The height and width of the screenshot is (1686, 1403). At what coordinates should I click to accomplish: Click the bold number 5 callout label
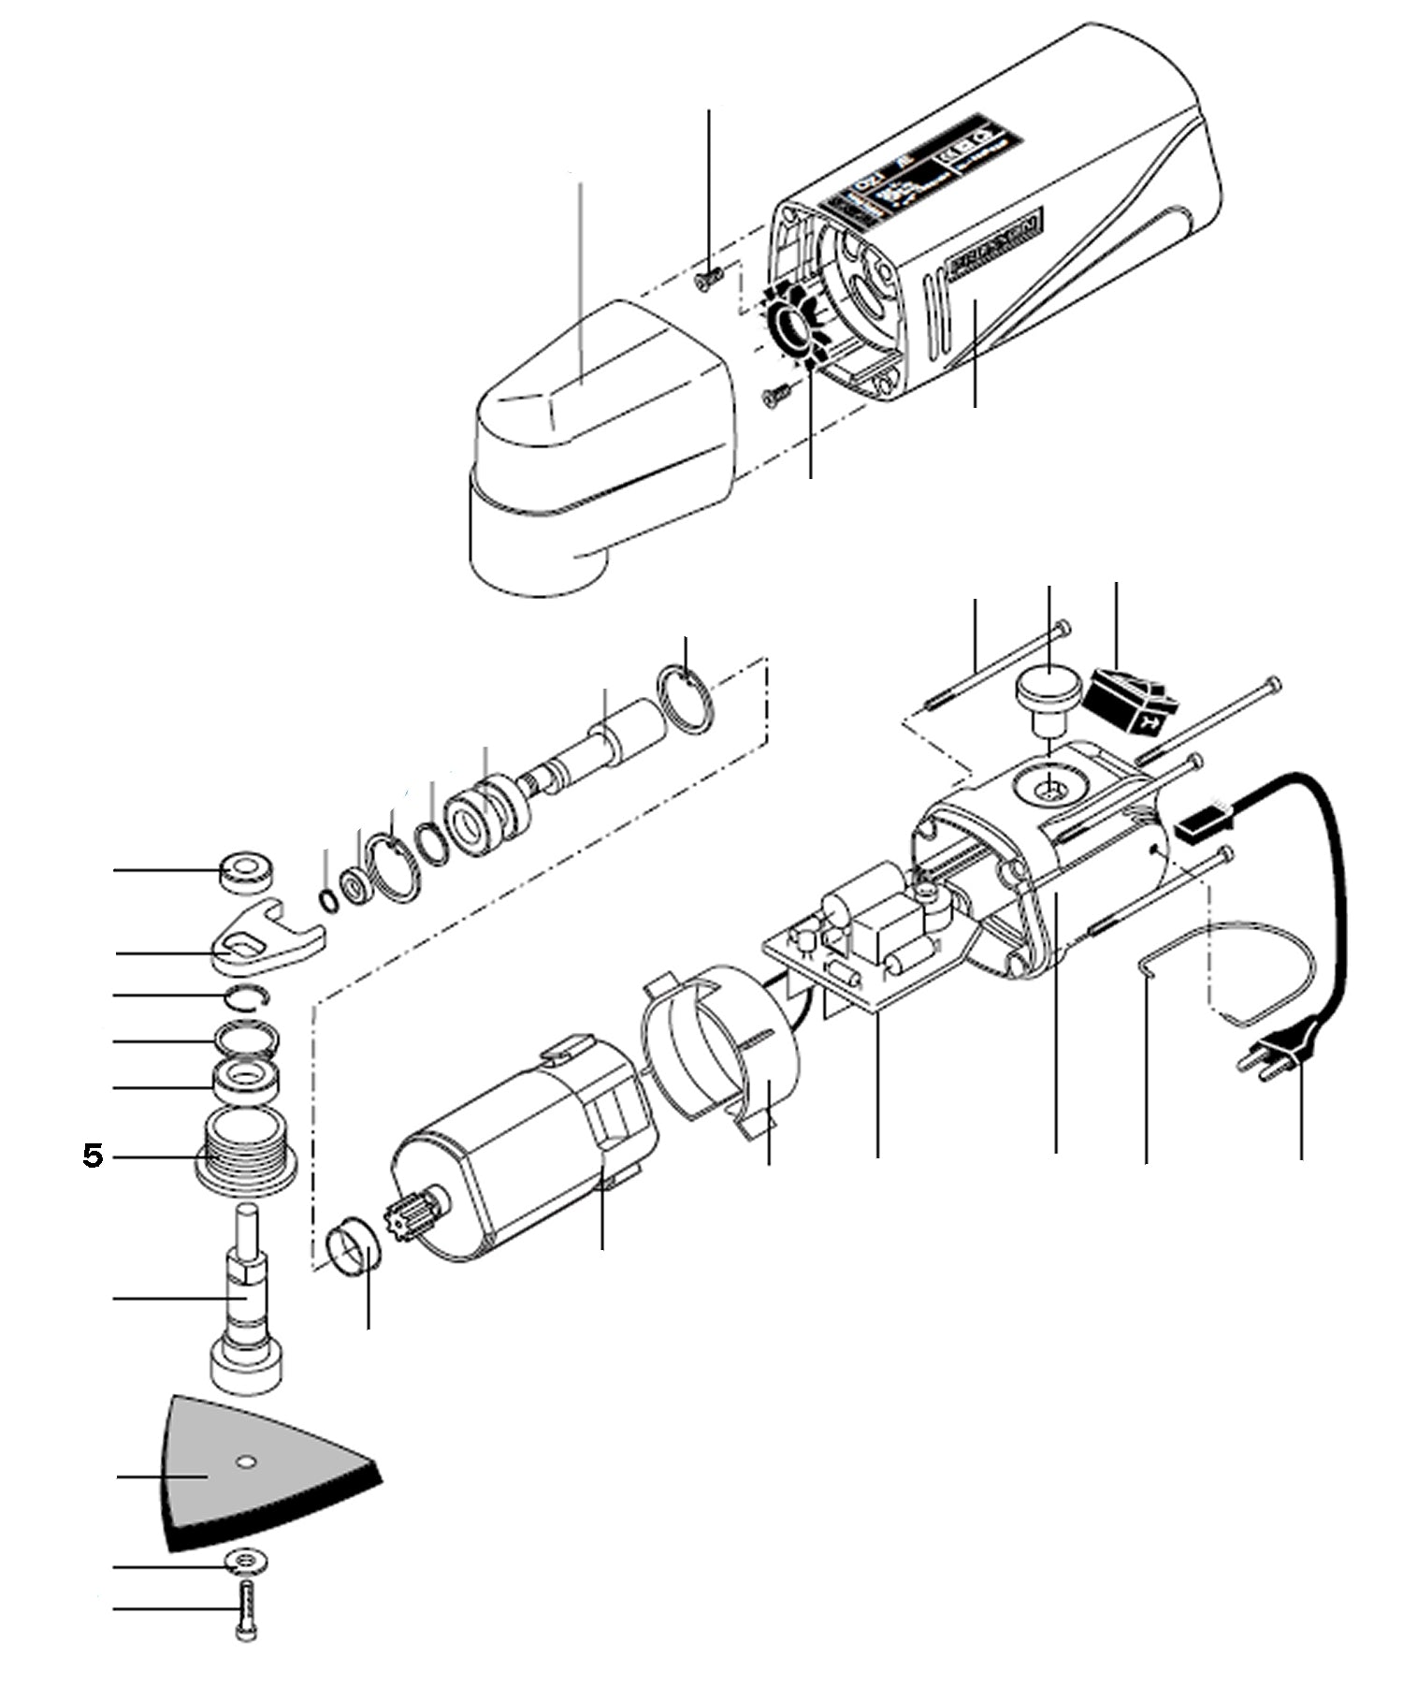[x=93, y=1156]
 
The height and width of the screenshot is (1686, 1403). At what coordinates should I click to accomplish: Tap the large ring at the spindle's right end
[x=687, y=699]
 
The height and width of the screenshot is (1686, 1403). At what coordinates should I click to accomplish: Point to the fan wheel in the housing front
[x=793, y=328]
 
